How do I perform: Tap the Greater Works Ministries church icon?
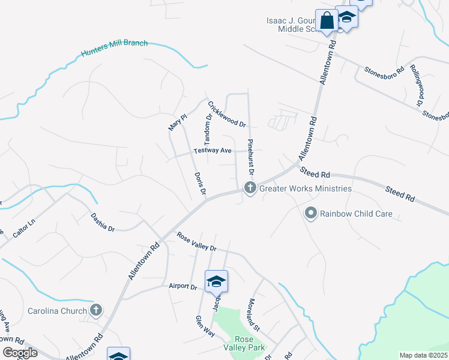click(x=250, y=188)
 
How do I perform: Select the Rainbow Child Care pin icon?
click(x=311, y=213)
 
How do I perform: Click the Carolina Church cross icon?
click(x=95, y=310)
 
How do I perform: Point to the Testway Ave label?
click(x=212, y=151)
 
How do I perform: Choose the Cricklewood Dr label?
click(x=228, y=114)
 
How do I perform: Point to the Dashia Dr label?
click(x=103, y=222)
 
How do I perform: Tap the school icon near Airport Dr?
click(x=216, y=281)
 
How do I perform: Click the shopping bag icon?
click(x=328, y=21)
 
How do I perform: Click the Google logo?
click(x=20, y=352)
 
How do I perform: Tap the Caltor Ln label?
click(x=24, y=230)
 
